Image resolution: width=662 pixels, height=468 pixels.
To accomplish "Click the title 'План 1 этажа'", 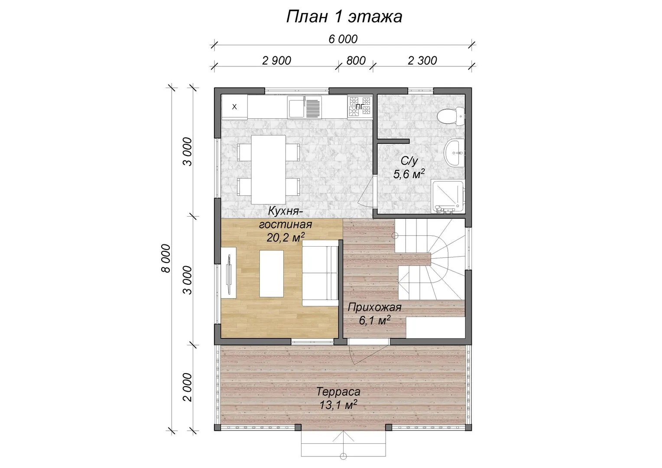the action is (344, 16).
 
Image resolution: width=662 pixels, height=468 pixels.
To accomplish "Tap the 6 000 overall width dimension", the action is (343, 39).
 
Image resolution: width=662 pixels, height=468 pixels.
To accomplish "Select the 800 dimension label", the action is (356, 61).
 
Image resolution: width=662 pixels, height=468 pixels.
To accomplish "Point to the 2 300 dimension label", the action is (422, 61).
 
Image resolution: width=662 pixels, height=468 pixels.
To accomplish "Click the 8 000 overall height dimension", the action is (166, 258).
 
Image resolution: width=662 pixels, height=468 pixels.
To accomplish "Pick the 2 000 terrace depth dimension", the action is (188, 387).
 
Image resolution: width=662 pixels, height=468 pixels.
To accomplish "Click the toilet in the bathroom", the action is (451, 116).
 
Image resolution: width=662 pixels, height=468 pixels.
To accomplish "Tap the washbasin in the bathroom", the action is (454, 153).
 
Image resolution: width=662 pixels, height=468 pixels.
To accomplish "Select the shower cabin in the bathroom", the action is (448, 196).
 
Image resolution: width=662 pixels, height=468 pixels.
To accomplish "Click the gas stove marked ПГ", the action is (359, 107).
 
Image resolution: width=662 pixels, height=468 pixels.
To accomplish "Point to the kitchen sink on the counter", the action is (305, 107).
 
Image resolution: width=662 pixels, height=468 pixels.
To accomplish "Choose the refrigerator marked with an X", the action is (234, 107).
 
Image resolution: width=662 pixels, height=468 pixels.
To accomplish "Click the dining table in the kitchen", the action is (268, 169).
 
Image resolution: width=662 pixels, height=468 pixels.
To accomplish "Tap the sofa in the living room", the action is (320, 273).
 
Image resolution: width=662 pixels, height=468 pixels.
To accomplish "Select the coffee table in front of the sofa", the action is (271, 273).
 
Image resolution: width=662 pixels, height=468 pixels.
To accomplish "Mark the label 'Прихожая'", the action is (374, 308).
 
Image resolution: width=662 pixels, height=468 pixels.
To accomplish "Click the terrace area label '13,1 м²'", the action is (338, 405).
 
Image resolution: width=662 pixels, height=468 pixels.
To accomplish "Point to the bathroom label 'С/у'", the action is (409, 161).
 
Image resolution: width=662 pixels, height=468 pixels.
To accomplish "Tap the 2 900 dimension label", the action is (276, 61).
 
